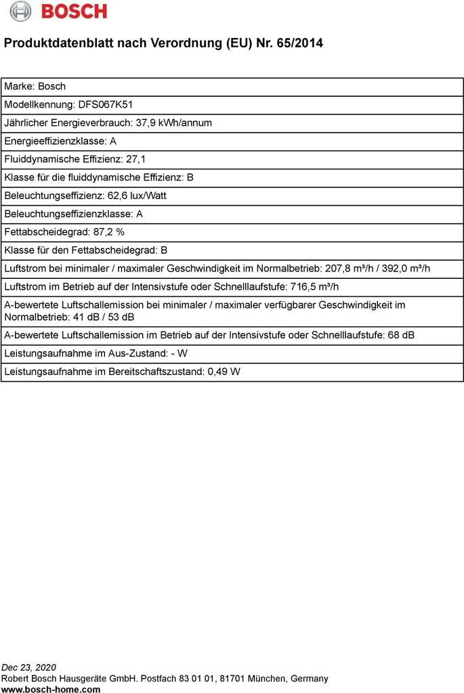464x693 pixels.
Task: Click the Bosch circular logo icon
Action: coord(20,12)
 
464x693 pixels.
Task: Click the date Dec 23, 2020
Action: coord(29,667)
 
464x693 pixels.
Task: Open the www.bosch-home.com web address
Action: coord(51,689)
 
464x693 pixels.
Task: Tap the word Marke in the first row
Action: coord(18,87)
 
